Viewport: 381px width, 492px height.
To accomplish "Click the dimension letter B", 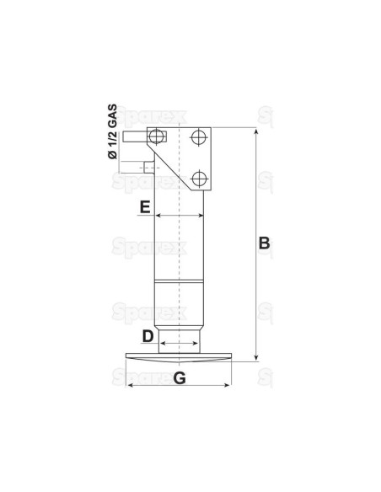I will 263,243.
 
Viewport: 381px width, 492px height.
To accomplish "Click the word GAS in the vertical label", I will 111,111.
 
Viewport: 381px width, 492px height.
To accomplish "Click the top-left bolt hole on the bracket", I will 156,137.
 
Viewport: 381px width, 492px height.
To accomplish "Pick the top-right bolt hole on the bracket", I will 198,137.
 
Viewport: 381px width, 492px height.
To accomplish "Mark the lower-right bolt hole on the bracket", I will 198,178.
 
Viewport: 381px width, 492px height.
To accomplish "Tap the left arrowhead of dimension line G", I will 129,386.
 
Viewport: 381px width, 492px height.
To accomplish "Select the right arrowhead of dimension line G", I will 228,386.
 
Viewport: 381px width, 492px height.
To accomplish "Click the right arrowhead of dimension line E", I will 202,216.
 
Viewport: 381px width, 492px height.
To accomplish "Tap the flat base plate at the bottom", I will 178,357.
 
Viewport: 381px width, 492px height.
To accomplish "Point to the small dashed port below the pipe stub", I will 150,167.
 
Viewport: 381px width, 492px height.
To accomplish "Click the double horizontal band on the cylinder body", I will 180,281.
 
